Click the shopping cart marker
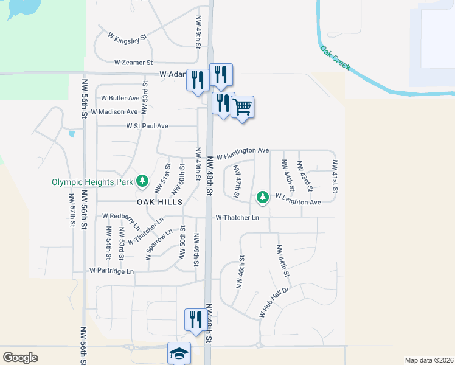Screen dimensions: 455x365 click(242, 108)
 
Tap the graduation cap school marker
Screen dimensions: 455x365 click(179, 353)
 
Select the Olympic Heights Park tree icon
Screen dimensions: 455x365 click(142, 181)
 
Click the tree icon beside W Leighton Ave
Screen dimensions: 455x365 click(262, 196)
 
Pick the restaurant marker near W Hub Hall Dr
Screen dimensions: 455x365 click(195, 319)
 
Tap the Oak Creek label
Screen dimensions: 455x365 click(335, 57)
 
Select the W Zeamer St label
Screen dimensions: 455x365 click(134, 63)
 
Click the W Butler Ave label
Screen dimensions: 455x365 click(120, 98)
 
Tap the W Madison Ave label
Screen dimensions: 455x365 click(114, 112)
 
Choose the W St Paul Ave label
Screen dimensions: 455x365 click(147, 126)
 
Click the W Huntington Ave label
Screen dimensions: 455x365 click(241, 151)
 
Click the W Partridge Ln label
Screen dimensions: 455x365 click(111, 270)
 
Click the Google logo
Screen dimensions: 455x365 click(20, 357)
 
